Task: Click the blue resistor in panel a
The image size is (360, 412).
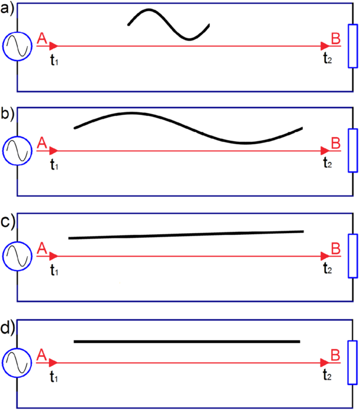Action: [x=353, y=46]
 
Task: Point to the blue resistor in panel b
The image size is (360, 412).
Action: [x=353, y=151]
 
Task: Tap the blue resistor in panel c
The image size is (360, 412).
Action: [x=353, y=257]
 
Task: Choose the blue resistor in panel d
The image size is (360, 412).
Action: [x=353, y=361]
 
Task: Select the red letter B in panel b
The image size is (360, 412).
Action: [x=336, y=143]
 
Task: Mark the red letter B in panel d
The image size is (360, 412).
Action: [x=336, y=354]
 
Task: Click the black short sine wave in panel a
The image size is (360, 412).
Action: [x=169, y=24]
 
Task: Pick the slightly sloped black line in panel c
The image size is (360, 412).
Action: [x=186, y=235]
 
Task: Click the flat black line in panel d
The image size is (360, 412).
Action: [x=187, y=341]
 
